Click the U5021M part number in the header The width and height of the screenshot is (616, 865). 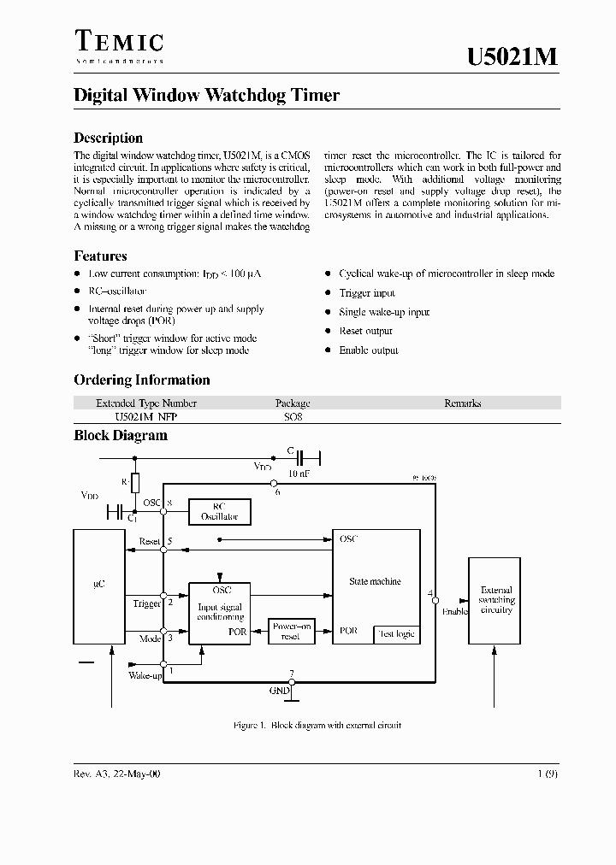pyautogui.click(x=513, y=56)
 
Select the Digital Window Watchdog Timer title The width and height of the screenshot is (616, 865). pyautogui.click(x=206, y=95)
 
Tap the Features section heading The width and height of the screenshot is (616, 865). pyautogui.click(x=100, y=256)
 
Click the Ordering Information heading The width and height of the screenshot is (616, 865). pyautogui.click(x=141, y=380)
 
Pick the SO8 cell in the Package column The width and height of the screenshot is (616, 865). pyautogui.click(x=293, y=418)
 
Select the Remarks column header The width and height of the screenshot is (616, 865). pyautogui.click(x=462, y=403)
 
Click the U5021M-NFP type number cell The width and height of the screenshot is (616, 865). pyautogui.click(x=146, y=418)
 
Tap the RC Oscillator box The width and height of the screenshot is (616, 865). pyautogui.click(x=219, y=511)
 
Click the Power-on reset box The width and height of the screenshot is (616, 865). pyautogui.click(x=291, y=631)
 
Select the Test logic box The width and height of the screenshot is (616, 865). pyautogui.click(x=396, y=633)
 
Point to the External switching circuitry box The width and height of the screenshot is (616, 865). pyautogui.click(x=495, y=600)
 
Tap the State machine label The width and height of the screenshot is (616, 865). pyautogui.click(x=375, y=581)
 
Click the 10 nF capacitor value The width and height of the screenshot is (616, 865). pyautogui.click(x=298, y=473)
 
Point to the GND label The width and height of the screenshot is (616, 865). pyautogui.click(x=280, y=689)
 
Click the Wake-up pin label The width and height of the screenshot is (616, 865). pyautogui.click(x=145, y=675)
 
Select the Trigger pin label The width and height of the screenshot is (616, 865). pyautogui.click(x=147, y=603)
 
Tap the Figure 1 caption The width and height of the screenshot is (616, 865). pyautogui.click(x=317, y=725)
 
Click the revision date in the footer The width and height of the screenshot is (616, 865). pyautogui.click(x=117, y=773)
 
